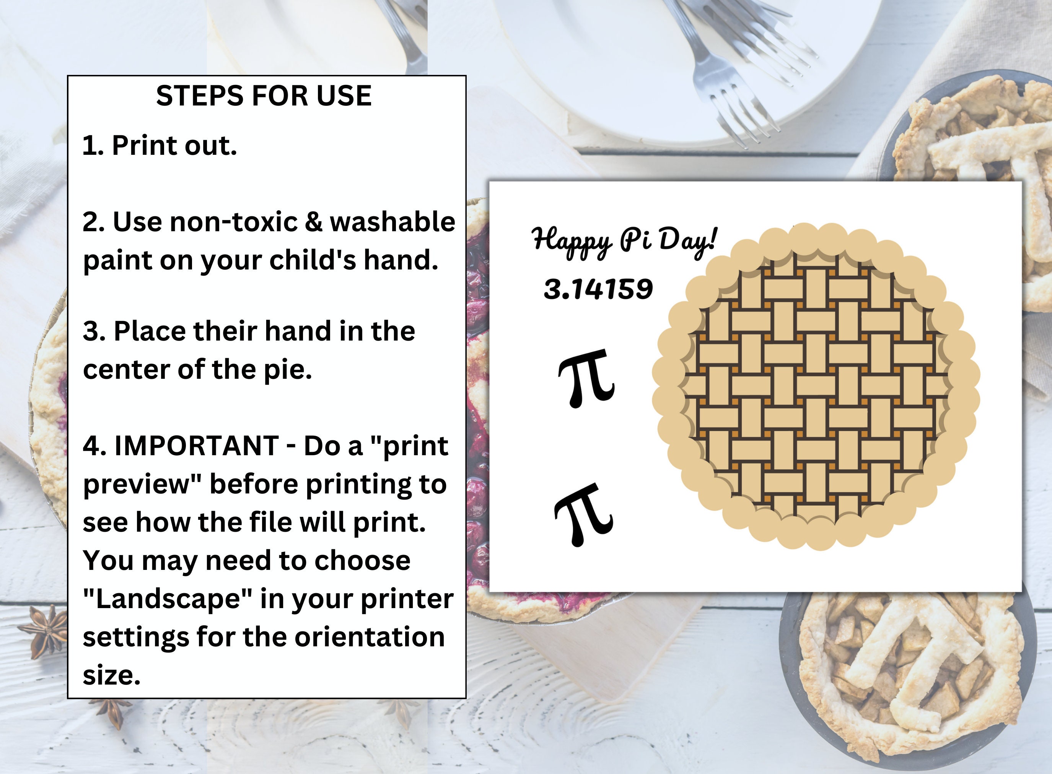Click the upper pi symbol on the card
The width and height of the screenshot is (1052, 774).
pos(586,377)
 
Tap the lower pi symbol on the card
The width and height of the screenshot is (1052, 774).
pos(584,514)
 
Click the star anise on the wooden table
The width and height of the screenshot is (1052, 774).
pos(47,630)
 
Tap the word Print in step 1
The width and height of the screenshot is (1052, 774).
pos(143,145)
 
